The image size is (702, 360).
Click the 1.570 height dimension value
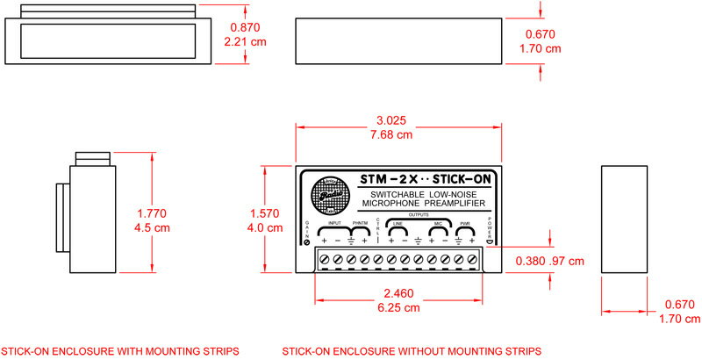click(267, 213)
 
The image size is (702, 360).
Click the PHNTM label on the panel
click(360, 224)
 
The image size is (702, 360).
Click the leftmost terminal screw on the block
click(324, 259)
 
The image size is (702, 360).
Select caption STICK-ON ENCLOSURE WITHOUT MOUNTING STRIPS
click(412, 351)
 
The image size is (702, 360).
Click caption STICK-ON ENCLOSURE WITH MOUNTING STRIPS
click(119, 351)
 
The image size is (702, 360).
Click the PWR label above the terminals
click(465, 224)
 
